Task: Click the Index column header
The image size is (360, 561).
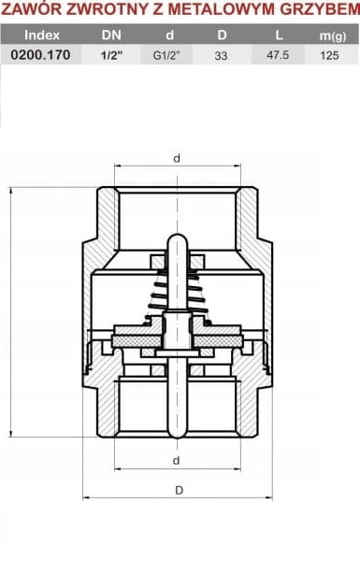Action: (x=42, y=36)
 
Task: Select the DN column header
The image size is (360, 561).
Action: (x=111, y=36)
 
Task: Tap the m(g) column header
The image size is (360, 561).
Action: (x=333, y=36)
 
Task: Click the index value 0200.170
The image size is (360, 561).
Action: (x=40, y=55)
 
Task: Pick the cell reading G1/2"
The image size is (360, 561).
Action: (x=166, y=55)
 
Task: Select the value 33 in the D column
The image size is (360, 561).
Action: (x=221, y=55)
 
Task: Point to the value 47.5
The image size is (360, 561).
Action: (x=278, y=55)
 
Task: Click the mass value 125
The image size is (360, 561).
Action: (x=329, y=55)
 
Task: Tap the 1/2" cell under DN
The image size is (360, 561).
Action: (x=111, y=55)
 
